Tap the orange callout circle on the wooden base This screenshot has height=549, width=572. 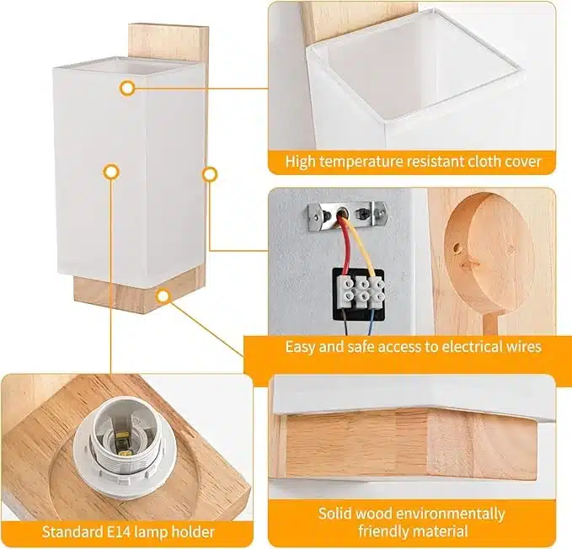(163, 296)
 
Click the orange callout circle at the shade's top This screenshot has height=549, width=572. (127, 88)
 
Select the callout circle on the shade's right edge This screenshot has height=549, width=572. (210, 174)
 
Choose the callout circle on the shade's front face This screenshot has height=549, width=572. (112, 171)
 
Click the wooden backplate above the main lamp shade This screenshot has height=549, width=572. (168, 43)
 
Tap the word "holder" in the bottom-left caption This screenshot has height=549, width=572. (193, 531)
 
